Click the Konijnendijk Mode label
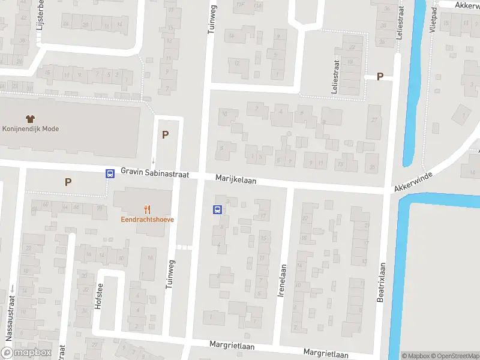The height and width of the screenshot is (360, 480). tap(31, 128)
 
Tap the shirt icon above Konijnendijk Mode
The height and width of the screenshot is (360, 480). tap(31, 118)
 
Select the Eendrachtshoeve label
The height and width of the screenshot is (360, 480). tap(147, 220)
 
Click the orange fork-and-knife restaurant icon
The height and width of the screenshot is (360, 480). tap(147, 209)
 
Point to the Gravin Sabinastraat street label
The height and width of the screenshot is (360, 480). tap(155, 172)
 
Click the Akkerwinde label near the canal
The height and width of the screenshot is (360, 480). tap(413, 179)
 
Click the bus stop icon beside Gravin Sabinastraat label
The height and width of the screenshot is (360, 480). tap(110, 173)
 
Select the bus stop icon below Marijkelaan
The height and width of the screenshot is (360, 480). tap(217, 209)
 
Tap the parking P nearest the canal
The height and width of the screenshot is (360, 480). tap(380, 76)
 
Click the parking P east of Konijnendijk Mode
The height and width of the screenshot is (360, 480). tap(165, 134)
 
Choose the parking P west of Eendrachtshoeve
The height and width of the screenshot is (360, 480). tap(68, 182)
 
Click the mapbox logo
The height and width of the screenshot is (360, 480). tap(26, 353)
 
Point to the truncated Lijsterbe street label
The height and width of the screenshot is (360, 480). tap(41, 17)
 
